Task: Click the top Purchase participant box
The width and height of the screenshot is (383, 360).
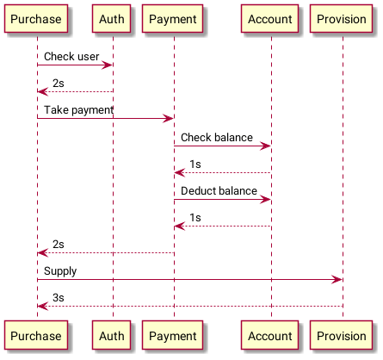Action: tap(36, 19)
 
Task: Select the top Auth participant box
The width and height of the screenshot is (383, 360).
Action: tap(112, 19)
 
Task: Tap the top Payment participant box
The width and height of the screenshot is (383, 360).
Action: tap(173, 19)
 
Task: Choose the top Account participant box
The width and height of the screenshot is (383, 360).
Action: tap(270, 19)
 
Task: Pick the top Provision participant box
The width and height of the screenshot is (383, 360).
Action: tap(342, 19)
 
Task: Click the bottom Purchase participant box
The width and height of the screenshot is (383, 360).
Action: tap(36, 335)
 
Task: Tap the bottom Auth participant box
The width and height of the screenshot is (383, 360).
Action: tap(112, 335)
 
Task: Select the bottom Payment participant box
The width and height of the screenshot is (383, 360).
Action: tap(173, 335)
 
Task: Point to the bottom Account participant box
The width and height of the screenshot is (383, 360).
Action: tap(270, 335)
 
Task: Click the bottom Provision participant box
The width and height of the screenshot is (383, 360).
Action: tap(342, 335)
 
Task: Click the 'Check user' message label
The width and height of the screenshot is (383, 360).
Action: tap(71, 57)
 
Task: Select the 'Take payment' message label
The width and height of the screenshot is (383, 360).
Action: tap(78, 110)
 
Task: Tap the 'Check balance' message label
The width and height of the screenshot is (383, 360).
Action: tap(217, 138)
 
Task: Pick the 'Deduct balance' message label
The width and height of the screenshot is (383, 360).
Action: tap(219, 191)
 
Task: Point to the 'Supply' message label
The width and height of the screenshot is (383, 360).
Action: tap(60, 271)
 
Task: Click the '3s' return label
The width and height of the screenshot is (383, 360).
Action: tap(59, 298)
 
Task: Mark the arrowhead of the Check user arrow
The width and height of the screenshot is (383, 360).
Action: tap(107, 65)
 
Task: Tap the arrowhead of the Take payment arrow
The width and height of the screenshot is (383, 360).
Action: tap(168, 118)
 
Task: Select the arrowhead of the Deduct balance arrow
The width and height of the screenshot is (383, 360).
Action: tap(265, 200)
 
